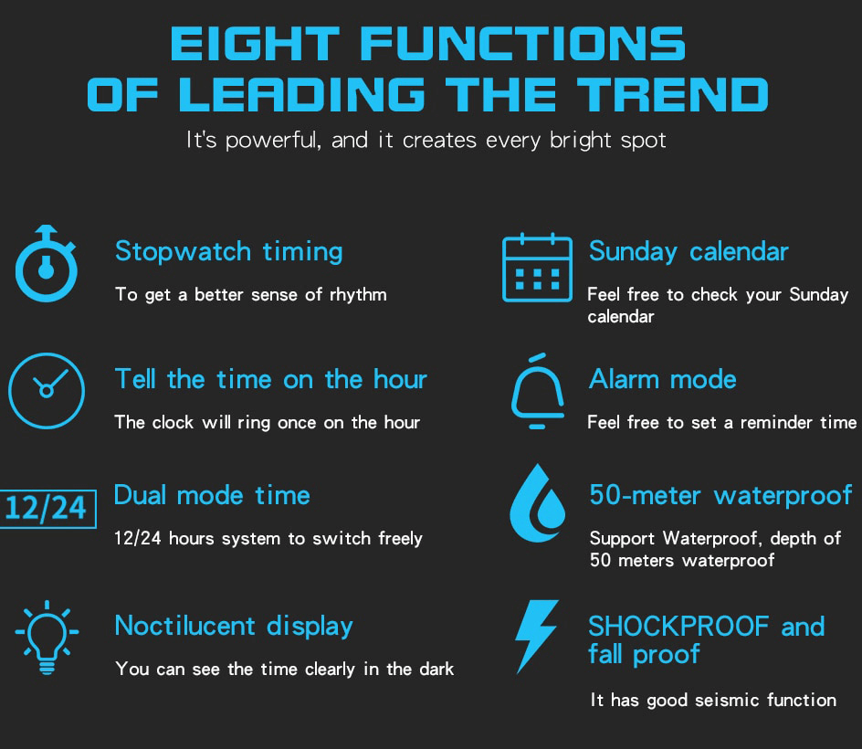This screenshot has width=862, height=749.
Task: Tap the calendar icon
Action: tap(537, 269)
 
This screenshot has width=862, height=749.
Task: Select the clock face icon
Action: tap(46, 390)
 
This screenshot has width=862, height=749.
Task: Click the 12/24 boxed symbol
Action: tap(46, 508)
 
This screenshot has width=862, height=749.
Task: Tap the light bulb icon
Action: tap(47, 636)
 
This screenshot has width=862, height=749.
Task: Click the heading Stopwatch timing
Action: tap(228, 251)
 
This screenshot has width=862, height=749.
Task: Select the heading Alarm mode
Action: tap(662, 379)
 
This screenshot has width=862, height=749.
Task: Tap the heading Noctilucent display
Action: tap(234, 626)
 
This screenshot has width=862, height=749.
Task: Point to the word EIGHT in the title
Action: tap(254, 45)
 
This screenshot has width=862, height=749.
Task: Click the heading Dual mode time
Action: tap(212, 495)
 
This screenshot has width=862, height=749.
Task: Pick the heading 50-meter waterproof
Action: tap(720, 495)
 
